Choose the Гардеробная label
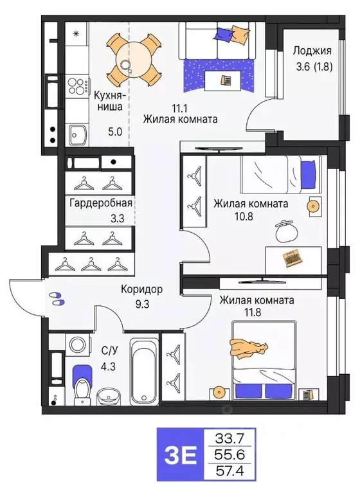(100, 203)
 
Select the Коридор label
(141, 289)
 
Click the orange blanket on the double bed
(249, 349)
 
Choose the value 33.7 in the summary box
(230, 440)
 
